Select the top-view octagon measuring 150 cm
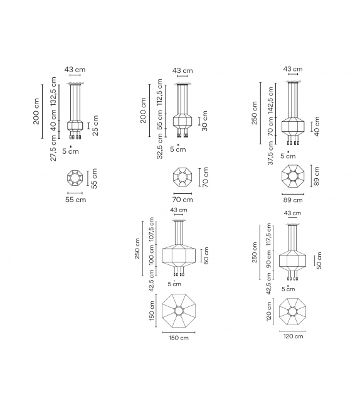click(x=178, y=311)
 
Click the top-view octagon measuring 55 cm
click(x=76, y=180)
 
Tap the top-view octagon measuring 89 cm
click(x=292, y=177)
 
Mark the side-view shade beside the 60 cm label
click(x=179, y=255)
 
